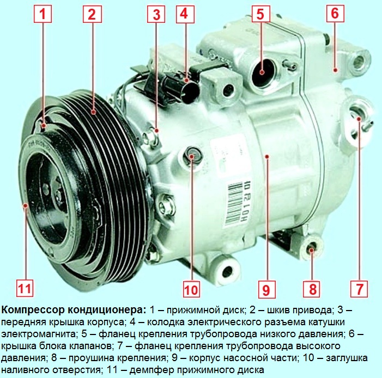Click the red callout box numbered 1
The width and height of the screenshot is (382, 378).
[43, 14]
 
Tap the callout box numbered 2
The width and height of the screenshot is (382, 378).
[92, 14]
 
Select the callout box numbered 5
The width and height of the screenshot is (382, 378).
[260, 14]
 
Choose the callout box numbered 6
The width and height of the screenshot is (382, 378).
[335, 13]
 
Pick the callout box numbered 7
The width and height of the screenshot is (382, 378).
[359, 289]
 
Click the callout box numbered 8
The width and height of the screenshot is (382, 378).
[312, 289]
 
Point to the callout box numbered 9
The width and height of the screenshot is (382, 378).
[266, 289]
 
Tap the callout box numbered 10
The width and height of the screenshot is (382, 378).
[191, 289]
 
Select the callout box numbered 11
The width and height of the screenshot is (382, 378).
[25, 288]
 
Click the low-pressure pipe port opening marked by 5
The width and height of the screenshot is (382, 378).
[263, 72]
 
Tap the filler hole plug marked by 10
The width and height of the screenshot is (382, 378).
[192, 156]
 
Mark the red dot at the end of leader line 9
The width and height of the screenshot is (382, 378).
[267, 157]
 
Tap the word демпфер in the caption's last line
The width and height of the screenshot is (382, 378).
[149, 370]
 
